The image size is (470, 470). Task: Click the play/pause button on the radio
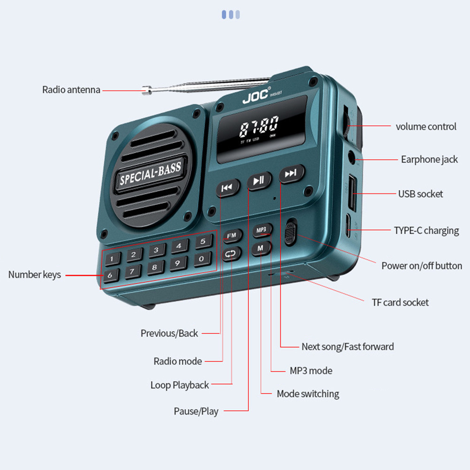259,180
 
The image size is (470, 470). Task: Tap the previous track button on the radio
227,188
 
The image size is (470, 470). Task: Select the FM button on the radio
231,235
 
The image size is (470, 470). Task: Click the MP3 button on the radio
262,230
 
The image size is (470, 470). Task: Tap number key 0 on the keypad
202,259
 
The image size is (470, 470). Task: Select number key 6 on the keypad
110,276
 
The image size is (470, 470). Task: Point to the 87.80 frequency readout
259,127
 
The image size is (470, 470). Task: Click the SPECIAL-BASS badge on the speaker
150,173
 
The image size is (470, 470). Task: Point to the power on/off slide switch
291,231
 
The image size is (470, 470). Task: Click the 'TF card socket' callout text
400,302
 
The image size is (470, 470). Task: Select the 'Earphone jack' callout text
429,160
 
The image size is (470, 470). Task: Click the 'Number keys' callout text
34,275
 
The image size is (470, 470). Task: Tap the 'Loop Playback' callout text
179,385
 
